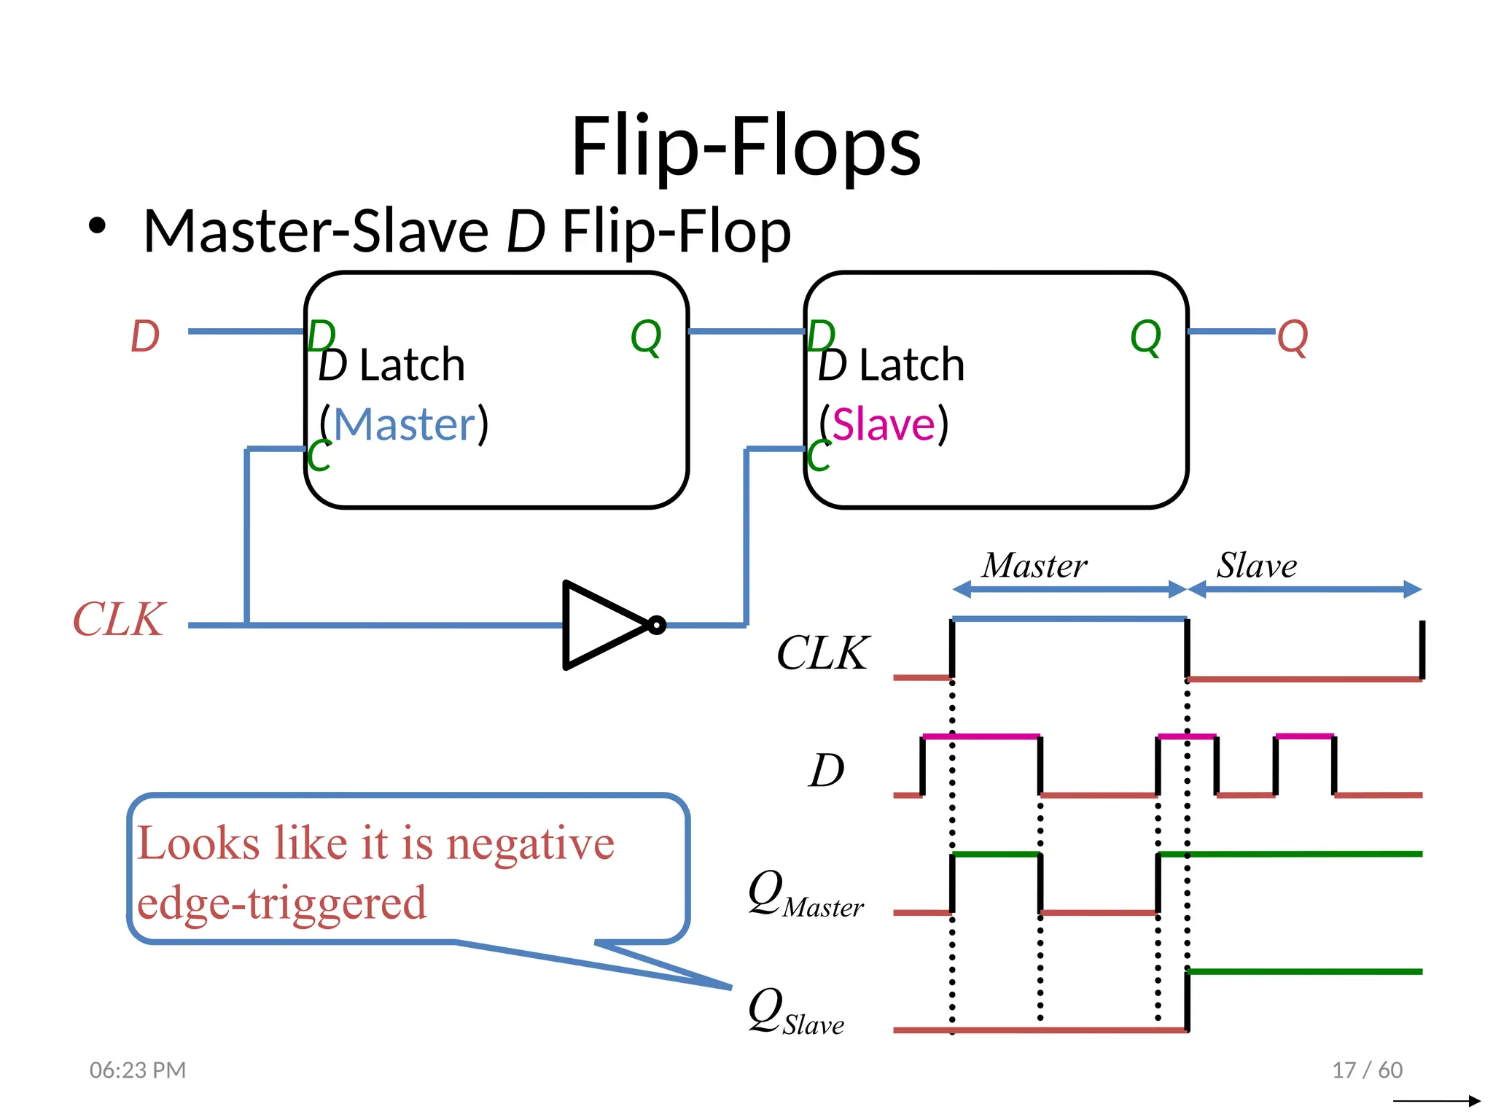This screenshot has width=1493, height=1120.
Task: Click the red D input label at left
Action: click(145, 336)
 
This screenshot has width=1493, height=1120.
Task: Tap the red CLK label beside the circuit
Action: click(119, 620)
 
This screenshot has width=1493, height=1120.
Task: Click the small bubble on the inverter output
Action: click(657, 625)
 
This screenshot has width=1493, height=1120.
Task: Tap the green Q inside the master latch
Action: click(646, 337)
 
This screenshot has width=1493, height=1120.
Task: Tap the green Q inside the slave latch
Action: click(1145, 337)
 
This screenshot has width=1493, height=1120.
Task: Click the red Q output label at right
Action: click(1293, 337)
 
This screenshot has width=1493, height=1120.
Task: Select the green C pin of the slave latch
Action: click(818, 456)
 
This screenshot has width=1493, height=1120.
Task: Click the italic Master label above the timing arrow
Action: click(1034, 565)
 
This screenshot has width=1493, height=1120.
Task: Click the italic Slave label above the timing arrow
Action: click(1257, 565)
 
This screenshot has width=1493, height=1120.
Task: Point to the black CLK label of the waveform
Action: click(822, 652)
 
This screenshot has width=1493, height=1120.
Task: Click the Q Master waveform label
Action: click(805, 895)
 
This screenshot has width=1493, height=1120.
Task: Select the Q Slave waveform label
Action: click(795, 1012)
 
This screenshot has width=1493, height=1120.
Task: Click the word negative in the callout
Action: click(530, 844)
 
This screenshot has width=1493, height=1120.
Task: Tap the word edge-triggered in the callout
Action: click(281, 903)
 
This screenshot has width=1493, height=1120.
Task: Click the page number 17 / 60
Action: click(1367, 1070)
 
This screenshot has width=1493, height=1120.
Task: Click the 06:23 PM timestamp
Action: click(138, 1070)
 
